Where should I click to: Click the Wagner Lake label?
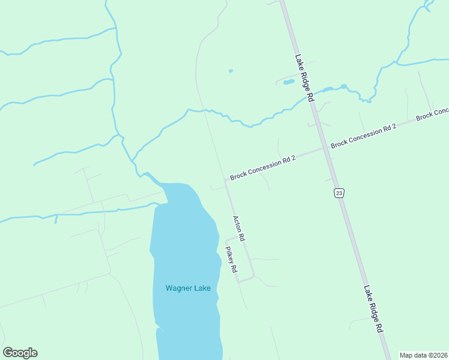pyautogui.click(x=188, y=289)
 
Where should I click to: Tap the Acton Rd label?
pyautogui.click(x=239, y=228)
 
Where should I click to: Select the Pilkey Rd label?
pyautogui.click(x=231, y=259)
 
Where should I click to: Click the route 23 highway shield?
pyautogui.click(x=339, y=193)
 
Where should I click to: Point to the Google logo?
pyautogui.click(x=20, y=353)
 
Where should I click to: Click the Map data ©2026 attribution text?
pyautogui.click(x=423, y=355)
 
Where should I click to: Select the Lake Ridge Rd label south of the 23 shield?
pyautogui.click(x=373, y=309)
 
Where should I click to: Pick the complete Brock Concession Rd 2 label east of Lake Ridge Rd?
pyautogui.click(x=364, y=136)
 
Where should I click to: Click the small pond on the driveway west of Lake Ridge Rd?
pyautogui.click(x=289, y=81)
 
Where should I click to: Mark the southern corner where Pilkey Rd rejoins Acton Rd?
pyautogui.click(x=253, y=277)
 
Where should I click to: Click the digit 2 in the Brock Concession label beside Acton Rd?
pyautogui.click(x=294, y=158)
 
